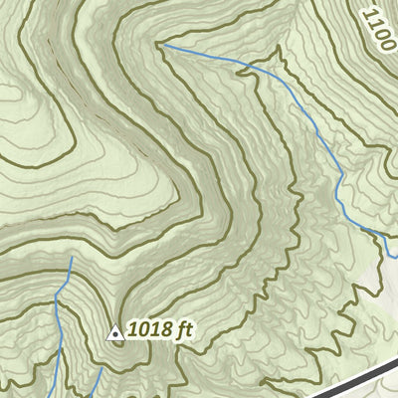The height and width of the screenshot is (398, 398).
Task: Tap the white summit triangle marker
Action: click(x=115, y=333)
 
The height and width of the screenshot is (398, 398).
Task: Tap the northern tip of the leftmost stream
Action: click(x=72, y=257)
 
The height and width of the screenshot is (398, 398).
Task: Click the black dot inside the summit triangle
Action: click(x=115, y=335)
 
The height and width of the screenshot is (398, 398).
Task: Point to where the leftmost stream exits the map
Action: click(x=57, y=396)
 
